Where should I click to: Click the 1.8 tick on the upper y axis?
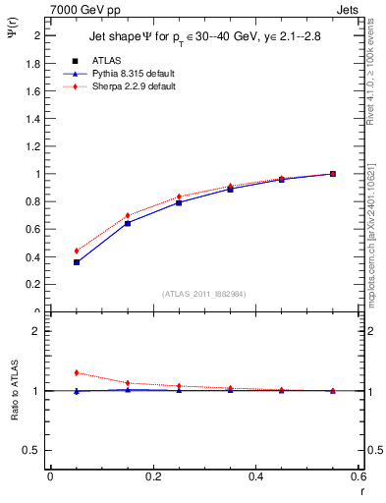(33, 63)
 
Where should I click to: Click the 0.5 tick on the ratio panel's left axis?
(31, 450)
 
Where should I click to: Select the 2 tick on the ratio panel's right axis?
(368, 331)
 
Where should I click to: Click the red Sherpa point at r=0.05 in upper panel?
(76, 251)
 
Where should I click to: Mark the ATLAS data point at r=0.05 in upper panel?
(76, 262)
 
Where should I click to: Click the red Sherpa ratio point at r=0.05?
(76, 372)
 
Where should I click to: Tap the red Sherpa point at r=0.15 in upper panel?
(127, 215)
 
